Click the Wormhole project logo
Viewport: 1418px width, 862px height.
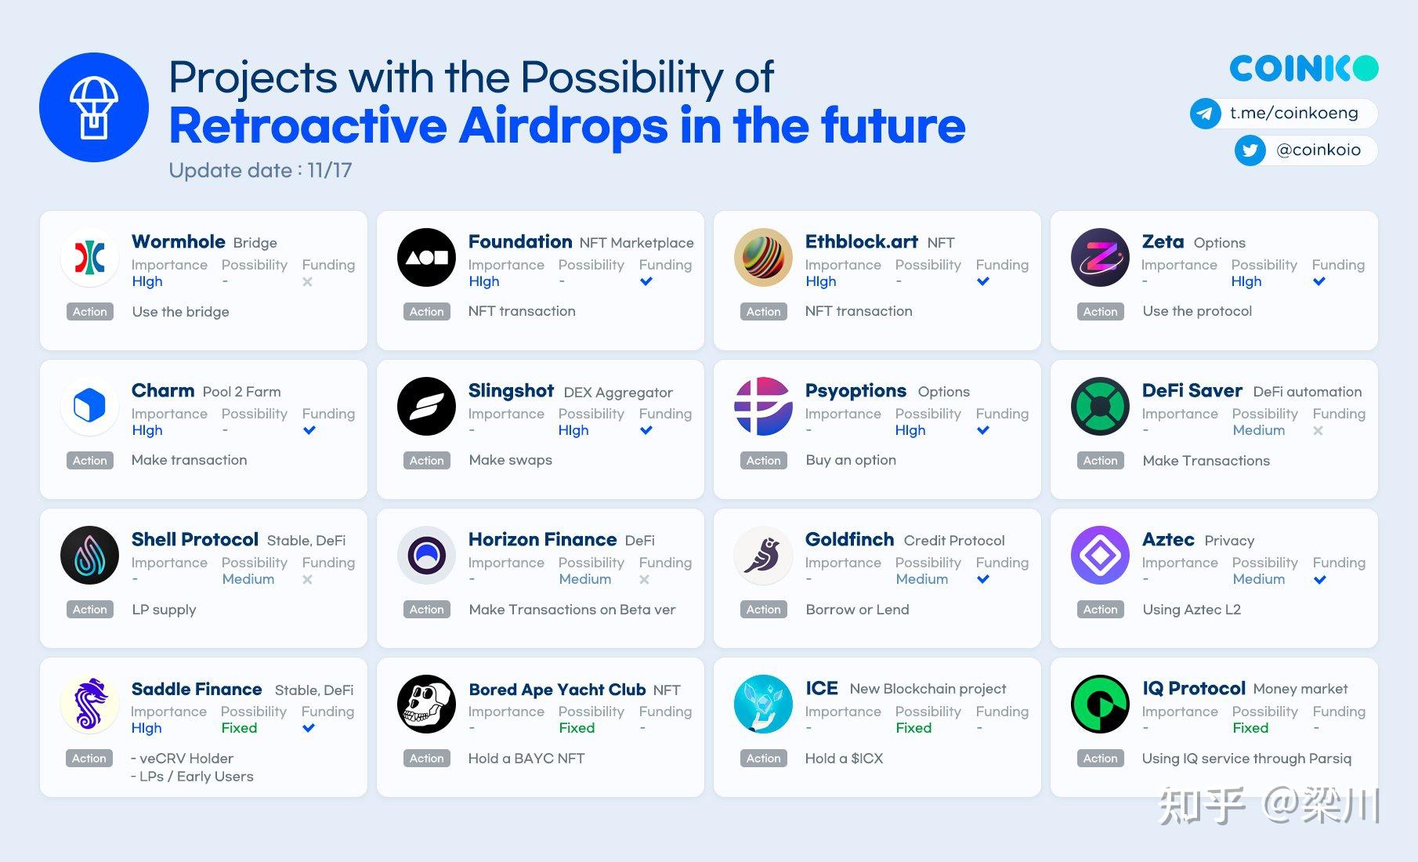(x=89, y=257)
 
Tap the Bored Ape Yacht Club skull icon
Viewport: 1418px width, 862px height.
(x=426, y=704)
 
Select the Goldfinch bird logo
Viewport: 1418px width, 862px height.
(x=763, y=555)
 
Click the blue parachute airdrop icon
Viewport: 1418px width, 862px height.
(x=94, y=107)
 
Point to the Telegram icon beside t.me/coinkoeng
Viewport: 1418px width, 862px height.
(x=1205, y=114)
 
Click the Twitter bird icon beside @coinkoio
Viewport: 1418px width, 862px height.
(x=1250, y=150)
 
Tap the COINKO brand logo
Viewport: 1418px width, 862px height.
(x=1303, y=69)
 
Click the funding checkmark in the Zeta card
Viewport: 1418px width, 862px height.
(x=1319, y=281)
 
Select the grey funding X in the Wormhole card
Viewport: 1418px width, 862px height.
(x=307, y=281)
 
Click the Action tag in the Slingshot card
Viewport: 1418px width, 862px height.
(x=426, y=461)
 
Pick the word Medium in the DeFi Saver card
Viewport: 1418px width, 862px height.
(x=1258, y=430)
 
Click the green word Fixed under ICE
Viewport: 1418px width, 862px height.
(x=913, y=728)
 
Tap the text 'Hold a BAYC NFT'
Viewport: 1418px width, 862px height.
(x=526, y=759)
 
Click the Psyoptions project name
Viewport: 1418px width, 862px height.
(x=856, y=390)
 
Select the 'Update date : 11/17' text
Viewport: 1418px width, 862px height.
(x=260, y=170)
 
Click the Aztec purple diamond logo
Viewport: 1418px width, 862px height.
(x=1100, y=555)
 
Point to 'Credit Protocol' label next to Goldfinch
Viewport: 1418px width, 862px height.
(x=953, y=541)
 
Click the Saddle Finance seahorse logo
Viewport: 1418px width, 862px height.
(x=89, y=704)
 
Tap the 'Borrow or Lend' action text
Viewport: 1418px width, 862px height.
(x=857, y=610)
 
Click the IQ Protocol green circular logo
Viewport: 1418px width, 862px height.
(x=1100, y=704)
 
